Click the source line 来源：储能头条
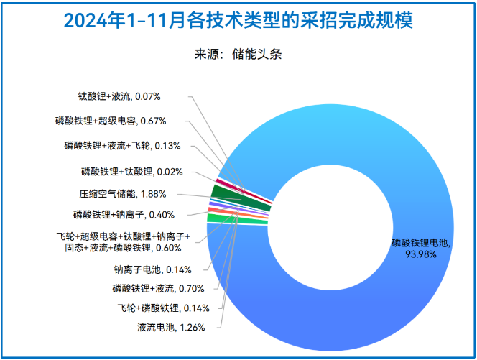pos(238,55)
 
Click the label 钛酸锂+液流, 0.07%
pos(119,96)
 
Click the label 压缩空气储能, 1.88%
pos(123,193)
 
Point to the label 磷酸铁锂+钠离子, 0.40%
pos(124,214)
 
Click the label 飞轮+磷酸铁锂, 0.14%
pos(163,308)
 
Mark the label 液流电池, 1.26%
pos(172,328)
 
